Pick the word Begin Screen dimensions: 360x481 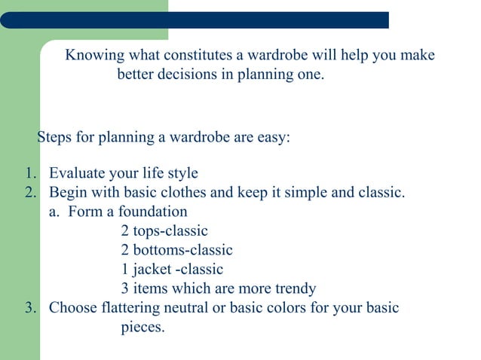tap(67, 192)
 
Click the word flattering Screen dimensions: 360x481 tap(129, 307)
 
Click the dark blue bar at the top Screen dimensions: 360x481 tap(196, 20)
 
